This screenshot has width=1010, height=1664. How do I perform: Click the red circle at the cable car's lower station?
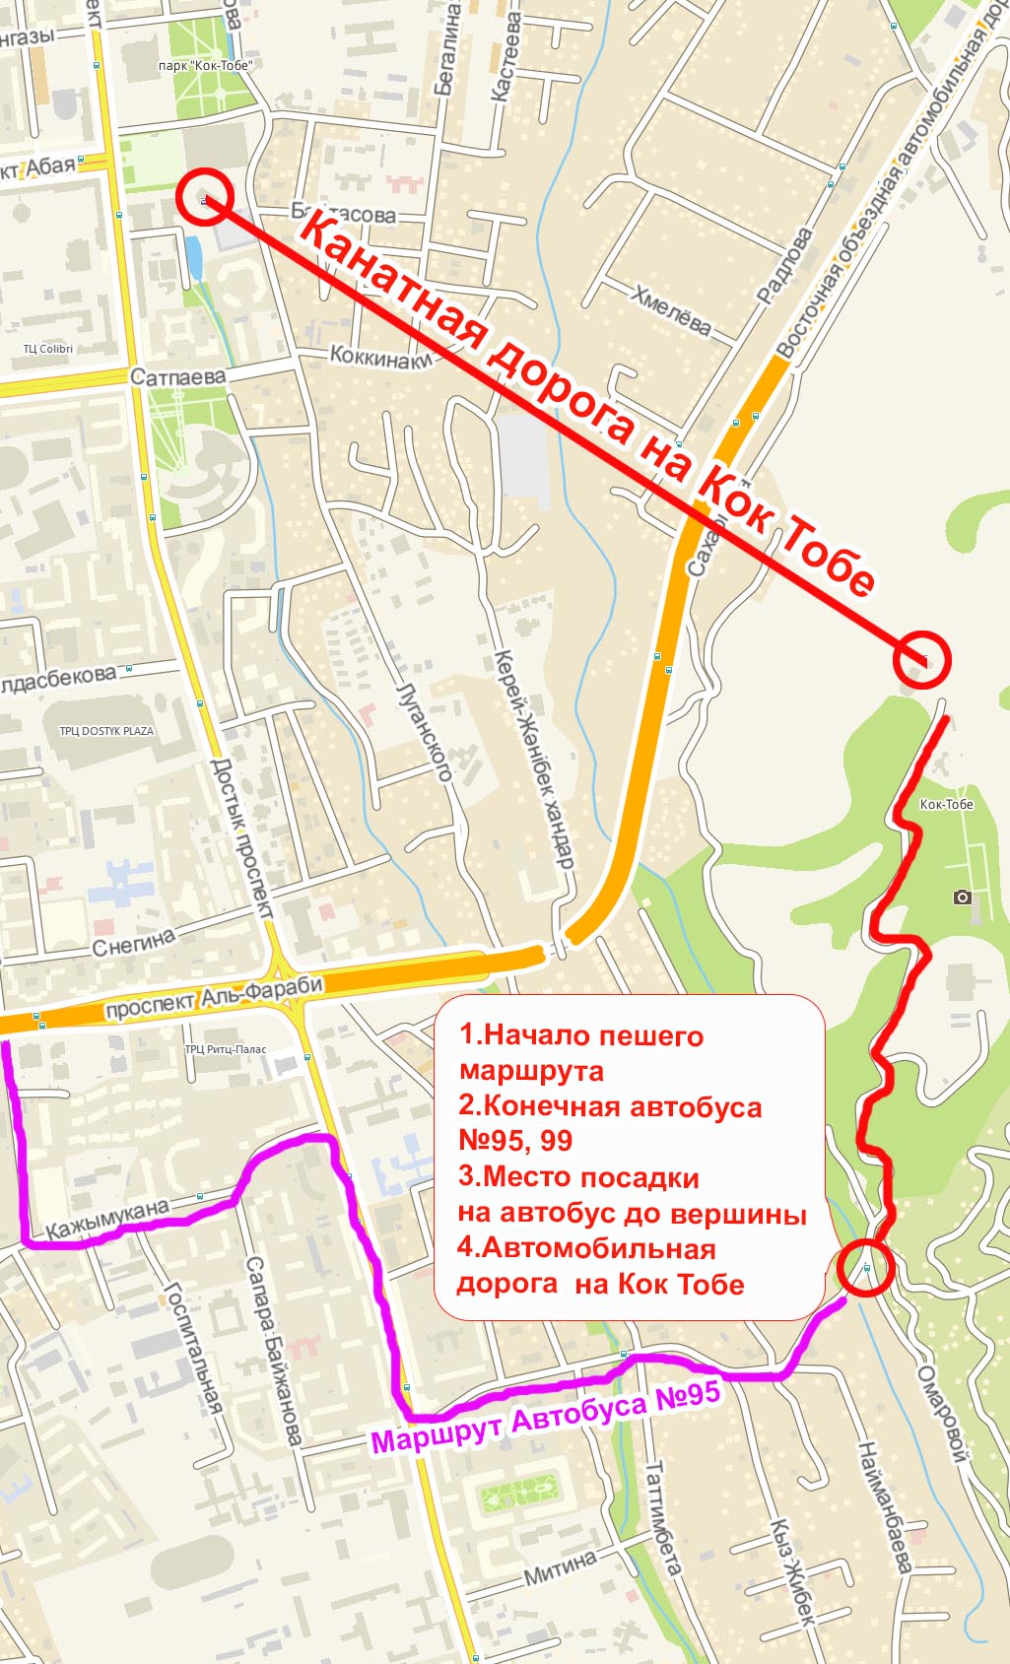coord(204,196)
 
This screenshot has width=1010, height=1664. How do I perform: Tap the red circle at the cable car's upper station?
coord(921,659)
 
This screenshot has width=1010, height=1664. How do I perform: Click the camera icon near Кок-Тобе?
coord(963,897)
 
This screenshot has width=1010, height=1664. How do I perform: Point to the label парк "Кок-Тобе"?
coord(205,66)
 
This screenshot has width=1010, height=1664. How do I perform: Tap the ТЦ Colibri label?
coord(48,349)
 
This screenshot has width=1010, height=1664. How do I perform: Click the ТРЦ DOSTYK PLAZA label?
coord(106,731)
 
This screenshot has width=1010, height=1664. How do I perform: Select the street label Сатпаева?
coord(177,377)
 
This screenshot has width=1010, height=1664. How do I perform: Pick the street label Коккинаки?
coord(380,358)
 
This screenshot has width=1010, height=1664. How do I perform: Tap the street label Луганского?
coord(424,731)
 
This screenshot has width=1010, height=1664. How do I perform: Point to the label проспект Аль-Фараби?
coord(214,996)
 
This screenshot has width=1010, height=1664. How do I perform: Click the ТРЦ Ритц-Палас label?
coord(226,1049)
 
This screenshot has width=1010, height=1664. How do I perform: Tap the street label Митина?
coord(560,1566)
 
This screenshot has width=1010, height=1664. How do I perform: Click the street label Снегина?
coord(133,942)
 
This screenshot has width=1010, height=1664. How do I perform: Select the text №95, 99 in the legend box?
coord(515,1141)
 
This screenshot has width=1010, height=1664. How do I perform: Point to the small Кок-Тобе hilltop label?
coord(946,804)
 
